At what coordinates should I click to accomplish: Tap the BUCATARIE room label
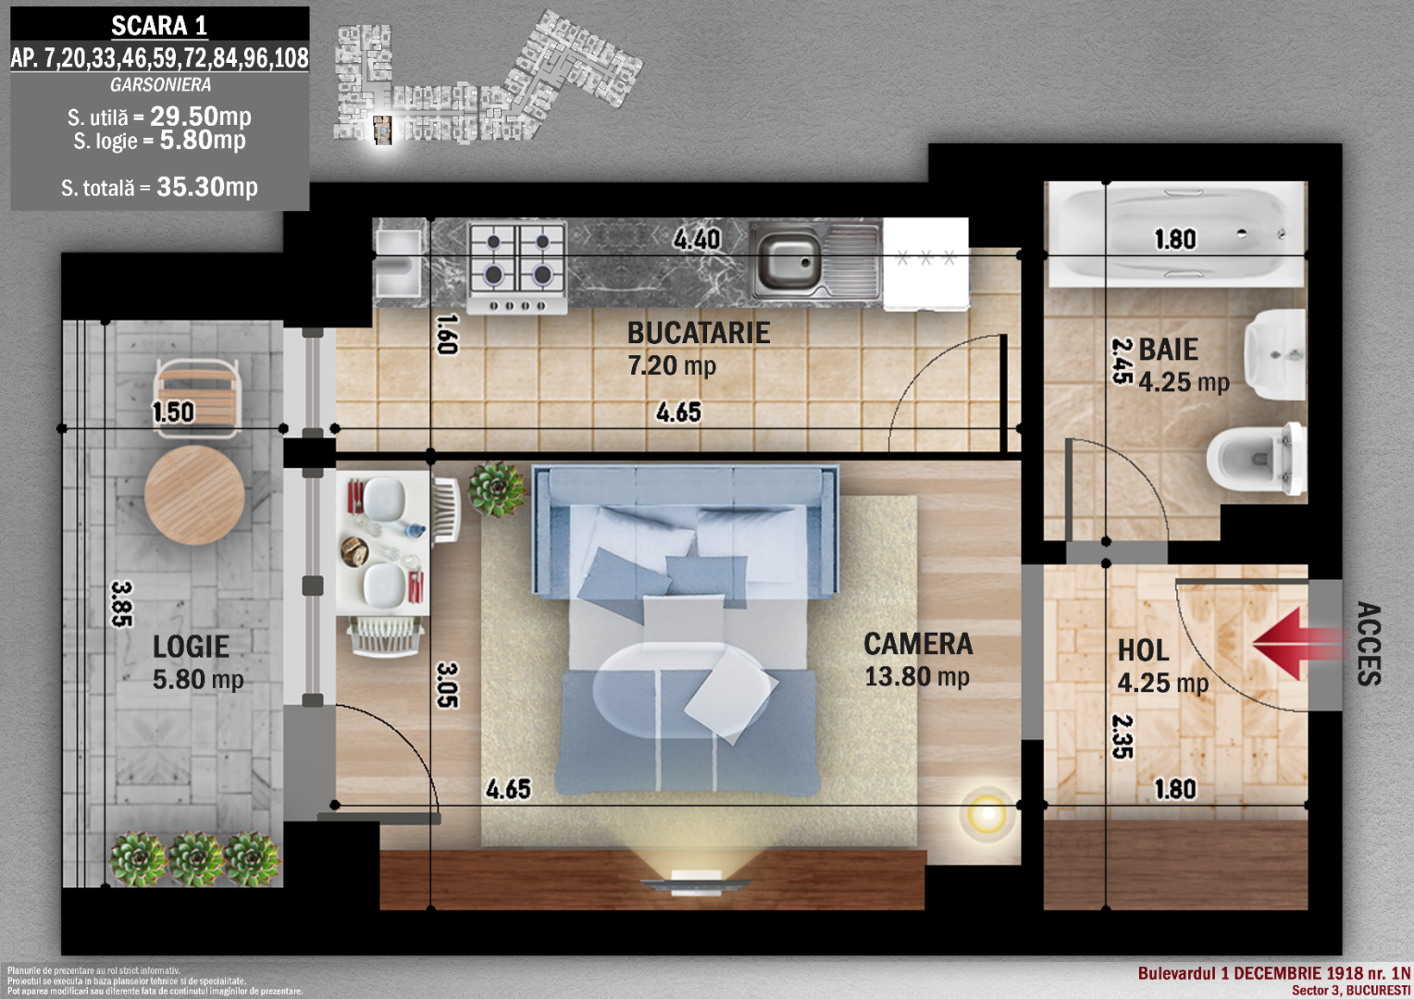(x=698, y=333)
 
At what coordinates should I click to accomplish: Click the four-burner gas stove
(x=517, y=267)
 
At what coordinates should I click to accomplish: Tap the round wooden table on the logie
(x=194, y=496)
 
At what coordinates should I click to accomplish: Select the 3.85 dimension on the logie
(x=122, y=604)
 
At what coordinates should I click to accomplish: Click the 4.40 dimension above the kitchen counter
(x=696, y=240)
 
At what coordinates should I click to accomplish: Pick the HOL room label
(x=1143, y=650)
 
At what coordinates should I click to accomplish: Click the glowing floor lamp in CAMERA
(x=987, y=814)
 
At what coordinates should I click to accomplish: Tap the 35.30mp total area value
(x=207, y=187)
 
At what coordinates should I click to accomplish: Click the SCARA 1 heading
(x=159, y=26)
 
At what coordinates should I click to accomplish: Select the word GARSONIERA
(x=160, y=84)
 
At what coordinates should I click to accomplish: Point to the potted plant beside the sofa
(x=498, y=489)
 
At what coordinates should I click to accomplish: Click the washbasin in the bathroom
(x=1274, y=354)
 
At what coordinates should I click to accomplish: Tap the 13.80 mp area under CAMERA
(x=916, y=677)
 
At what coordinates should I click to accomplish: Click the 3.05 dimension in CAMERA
(x=448, y=684)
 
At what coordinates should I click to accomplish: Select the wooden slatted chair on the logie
(x=197, y=398)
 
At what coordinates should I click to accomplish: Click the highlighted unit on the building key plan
(x=382, y=130)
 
